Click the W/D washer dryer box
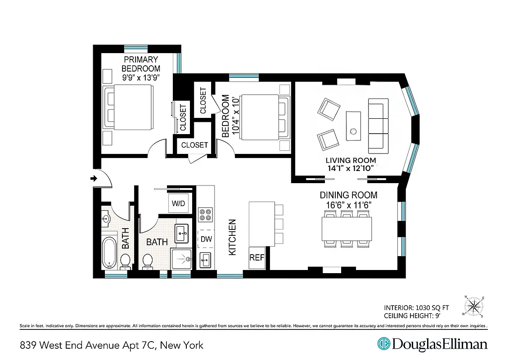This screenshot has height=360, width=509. click(x=178, y=203)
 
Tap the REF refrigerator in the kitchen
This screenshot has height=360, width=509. click(x=257, y=258)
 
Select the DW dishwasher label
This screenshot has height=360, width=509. click(x=206, y=239)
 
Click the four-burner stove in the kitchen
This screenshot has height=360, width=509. click(x=206, y=215)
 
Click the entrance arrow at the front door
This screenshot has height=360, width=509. click(x=94, y=179)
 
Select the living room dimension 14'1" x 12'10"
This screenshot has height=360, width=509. click(x=351, y=169)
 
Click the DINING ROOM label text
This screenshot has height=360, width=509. click(x=348, y=195)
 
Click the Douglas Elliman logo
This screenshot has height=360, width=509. click(x=432, y=344)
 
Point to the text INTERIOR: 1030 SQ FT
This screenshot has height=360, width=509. click(x=416, y=308)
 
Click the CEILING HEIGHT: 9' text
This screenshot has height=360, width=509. click(x=416, y=315)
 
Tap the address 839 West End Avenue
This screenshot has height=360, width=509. click(x=112, y=345)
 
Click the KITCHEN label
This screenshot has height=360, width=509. click(x=232, y=238)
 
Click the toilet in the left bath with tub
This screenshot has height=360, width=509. click(x=126, y=261)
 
